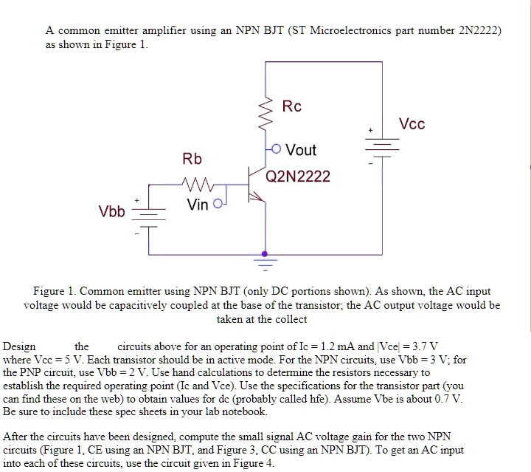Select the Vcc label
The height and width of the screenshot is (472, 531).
click(412, 123)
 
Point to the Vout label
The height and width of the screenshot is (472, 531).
click(300, 150)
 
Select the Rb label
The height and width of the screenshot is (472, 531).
click(192, 160)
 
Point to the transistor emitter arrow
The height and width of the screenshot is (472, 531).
click(257, 198)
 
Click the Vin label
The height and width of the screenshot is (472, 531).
click(198, 205)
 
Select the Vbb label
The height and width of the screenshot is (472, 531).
click(113, 212)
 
